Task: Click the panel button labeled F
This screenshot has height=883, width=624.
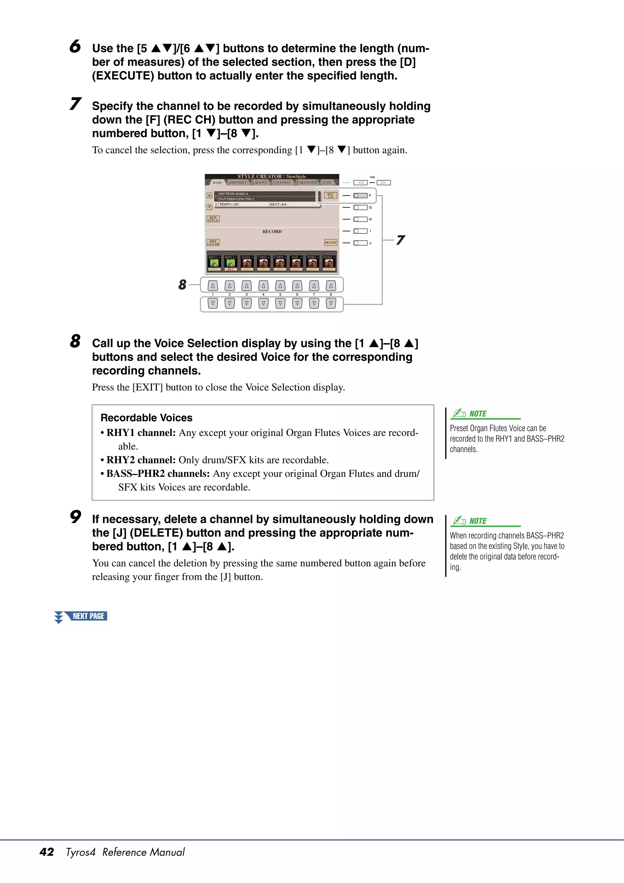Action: click(x=360, y=195)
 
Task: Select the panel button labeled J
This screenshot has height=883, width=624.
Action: click(x=360, y=243)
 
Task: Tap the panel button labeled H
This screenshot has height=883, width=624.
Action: click(x=360, y=219)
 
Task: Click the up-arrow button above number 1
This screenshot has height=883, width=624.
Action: click(x=213, y=285)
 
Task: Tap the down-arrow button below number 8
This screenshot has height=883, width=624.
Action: click(x=331, y=304)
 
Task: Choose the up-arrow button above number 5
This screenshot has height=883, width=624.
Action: click(x=280, y=285)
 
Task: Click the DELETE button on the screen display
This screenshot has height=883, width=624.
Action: click(x=331, y=242)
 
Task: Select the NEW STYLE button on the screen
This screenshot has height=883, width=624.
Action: click(x=213, y=219)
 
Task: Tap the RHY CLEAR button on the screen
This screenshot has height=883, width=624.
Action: click(x=213, y=242)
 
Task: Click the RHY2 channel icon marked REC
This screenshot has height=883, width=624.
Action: click(x=230, y=263)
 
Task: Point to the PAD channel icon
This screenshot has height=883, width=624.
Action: click(x=296, y=263)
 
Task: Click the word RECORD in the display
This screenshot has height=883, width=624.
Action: click(x=272, y=232)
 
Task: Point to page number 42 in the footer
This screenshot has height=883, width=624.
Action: click(x=47, y=852)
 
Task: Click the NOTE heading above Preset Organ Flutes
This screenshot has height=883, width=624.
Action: click(x=477, y=414)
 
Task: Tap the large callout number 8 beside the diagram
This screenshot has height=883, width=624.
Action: click(x=182, y=285)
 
